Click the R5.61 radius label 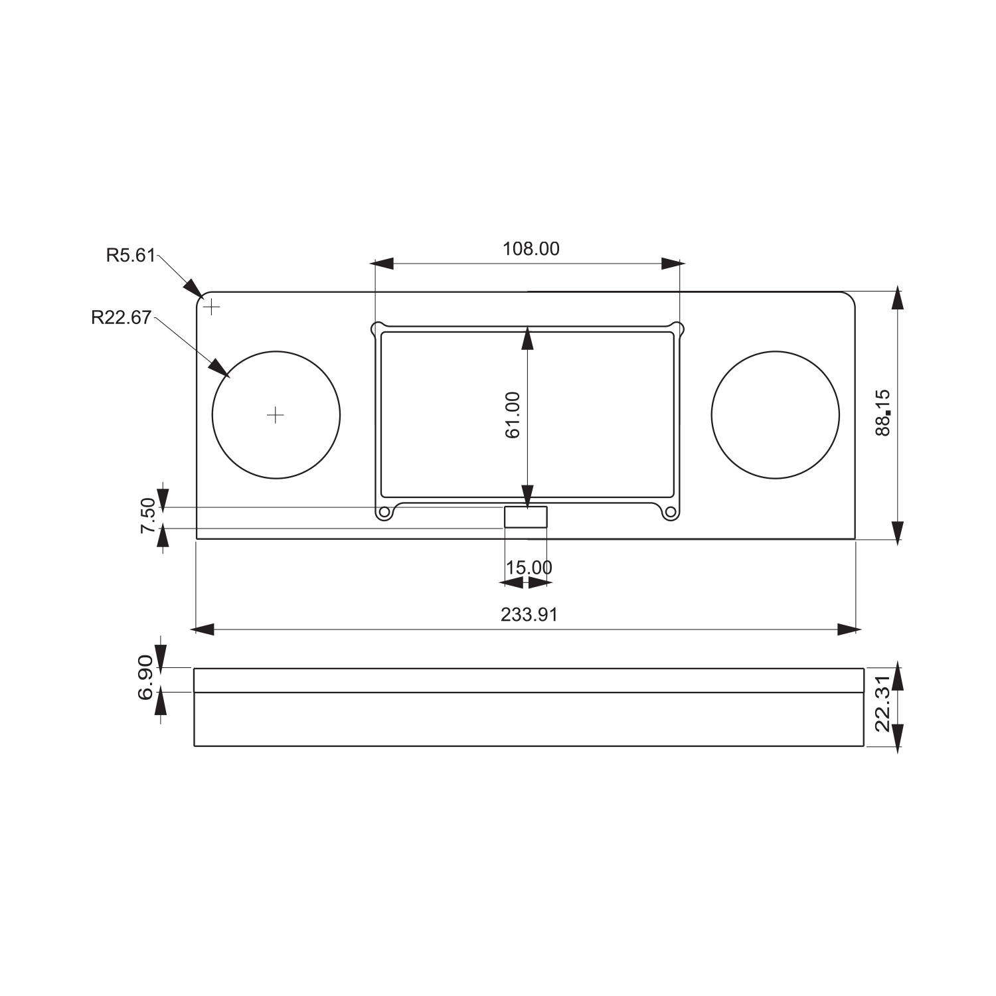pyautogui.click(x=130, y=256)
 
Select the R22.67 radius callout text pyautogui.click(x=122, y=317)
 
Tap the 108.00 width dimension pyautogui.click(x=531, y=249)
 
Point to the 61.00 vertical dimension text pyautogui.click(x=513, y=415)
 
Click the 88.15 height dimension pyautogui.click(x=883, y=412)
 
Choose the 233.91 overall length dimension pyautogui.click(x=529, y=615)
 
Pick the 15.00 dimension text pyautogui.click(x=529, y=568)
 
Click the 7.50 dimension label pyautogui.click(x=147, y=516)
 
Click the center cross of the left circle pyautogui.click(x=275, y=415)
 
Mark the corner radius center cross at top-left pyautogui.click(x=211, y=307)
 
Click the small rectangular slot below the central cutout pyautogui.click(x=526, y=517)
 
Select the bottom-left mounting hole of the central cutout pyautogui.click(x=384, y=513)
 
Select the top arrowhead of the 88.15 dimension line pyautogui.click(x=898, y=297)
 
